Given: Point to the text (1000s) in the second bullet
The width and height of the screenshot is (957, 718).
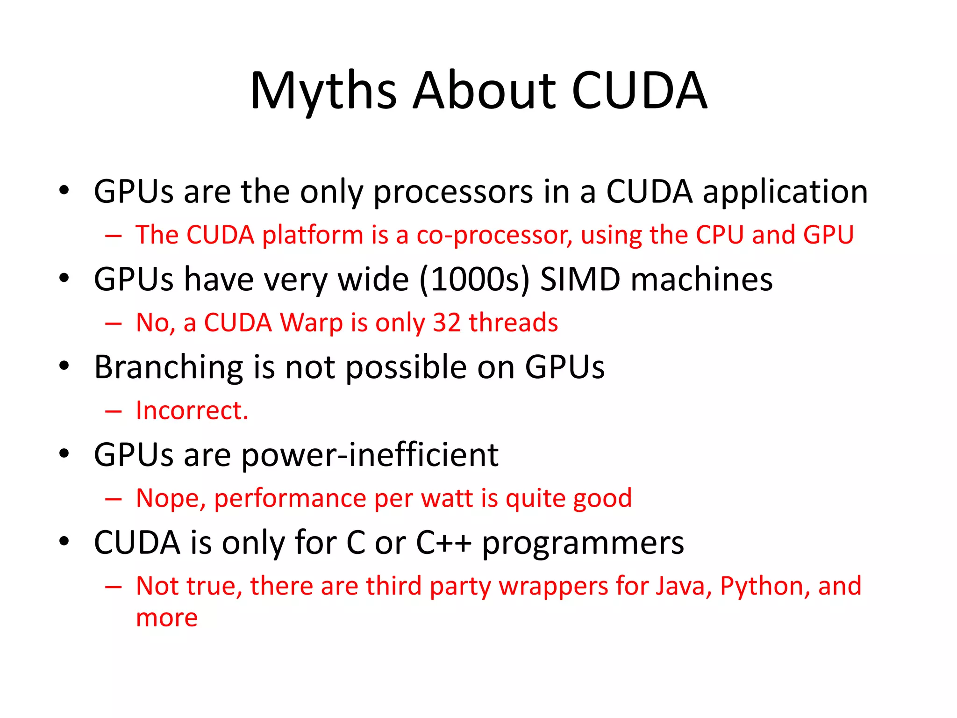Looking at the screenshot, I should (x=474, y=280).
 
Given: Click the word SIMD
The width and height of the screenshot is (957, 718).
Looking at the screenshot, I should (x=579, y=280).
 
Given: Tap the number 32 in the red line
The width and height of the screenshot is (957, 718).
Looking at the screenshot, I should (x=447, y=323).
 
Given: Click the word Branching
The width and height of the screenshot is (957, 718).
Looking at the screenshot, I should (x=168, y=368).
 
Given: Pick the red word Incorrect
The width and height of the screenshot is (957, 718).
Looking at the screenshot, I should (x=192, y=410).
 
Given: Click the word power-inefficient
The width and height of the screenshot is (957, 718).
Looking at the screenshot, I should (x=370, y=455).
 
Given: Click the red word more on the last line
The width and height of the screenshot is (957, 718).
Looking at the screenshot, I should (x=167, y=618).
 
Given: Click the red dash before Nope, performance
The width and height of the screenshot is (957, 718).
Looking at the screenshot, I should (x=114, y=499).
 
